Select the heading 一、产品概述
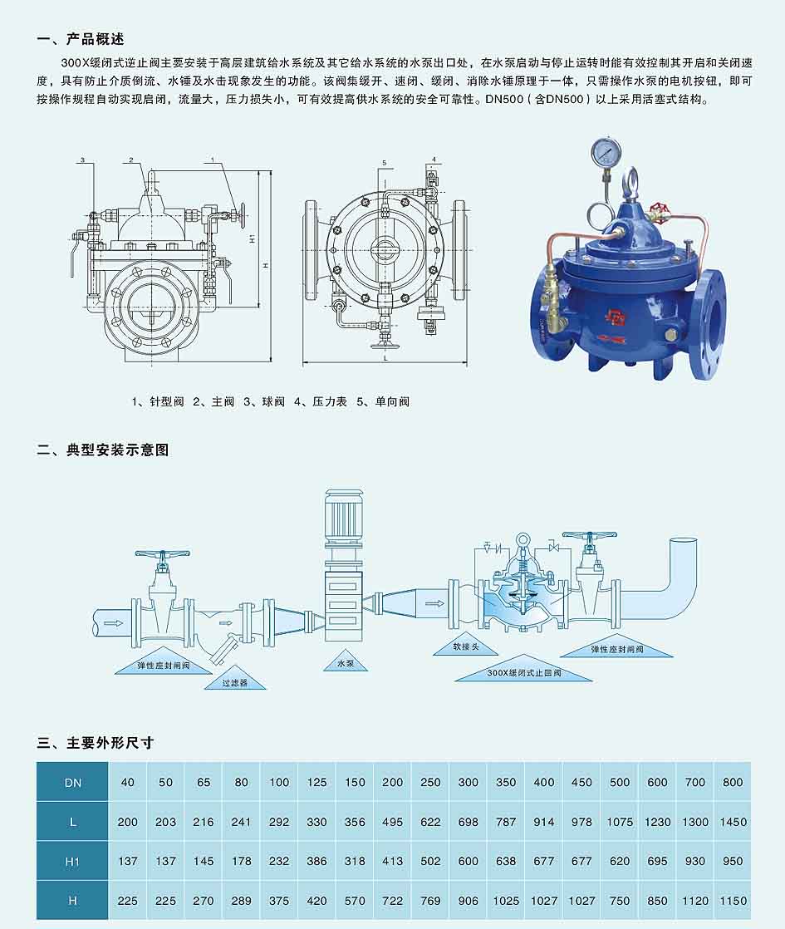81,39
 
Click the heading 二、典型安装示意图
102,450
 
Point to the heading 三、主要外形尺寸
96,742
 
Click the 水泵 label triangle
346,661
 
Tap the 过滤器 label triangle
234,681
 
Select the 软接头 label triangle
466,645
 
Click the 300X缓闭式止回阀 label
523,672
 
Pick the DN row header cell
72,782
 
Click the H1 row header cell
72,861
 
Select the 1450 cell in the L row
733,822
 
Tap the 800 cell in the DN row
733,782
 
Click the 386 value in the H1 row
317,861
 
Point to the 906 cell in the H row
468,901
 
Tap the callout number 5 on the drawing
384,163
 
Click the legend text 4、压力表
321,401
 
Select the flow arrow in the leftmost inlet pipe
113,623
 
